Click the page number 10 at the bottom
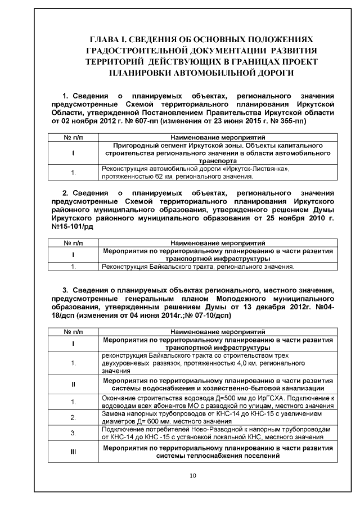pos(193,476)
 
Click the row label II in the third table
pos(73,384)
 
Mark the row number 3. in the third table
pos(73,433)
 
